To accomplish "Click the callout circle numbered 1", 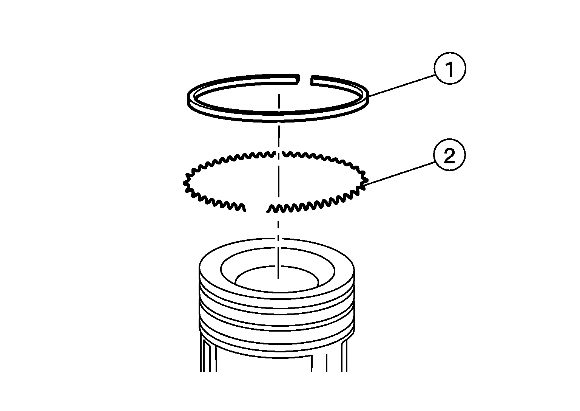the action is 450,68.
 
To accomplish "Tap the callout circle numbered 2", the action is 450,155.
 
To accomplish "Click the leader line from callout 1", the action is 402,85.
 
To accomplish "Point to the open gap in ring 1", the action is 305,80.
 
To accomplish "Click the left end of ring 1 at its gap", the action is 298,79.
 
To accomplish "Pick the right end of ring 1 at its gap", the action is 312,80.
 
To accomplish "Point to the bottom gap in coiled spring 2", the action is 256,208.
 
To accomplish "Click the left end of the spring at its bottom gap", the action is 245,211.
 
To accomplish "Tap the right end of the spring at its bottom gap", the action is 268,212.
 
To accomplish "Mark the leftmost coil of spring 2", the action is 185,183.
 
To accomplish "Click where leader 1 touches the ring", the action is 369,96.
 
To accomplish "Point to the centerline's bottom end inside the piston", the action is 278,278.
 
